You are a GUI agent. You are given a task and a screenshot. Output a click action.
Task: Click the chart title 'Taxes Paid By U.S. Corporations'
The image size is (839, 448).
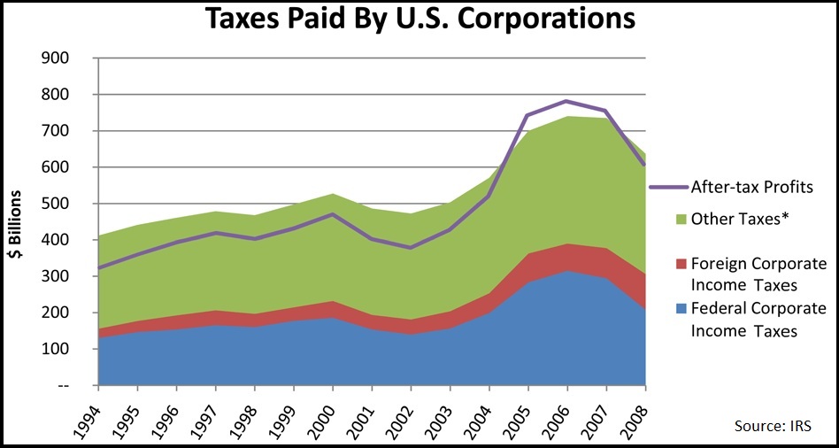click(420, 19)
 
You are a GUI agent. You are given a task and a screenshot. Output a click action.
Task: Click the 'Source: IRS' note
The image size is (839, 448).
click(773, 426)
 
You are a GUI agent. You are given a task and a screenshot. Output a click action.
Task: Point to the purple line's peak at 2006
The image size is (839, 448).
click(566, 101)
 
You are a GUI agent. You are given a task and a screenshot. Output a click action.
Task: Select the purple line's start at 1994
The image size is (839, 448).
click(99, 267)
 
